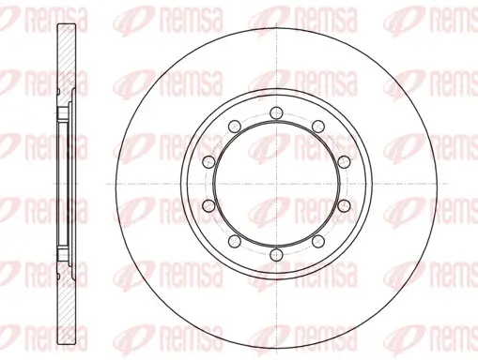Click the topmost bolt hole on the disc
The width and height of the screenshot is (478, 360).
(x=276, y=112)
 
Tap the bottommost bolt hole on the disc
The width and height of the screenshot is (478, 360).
(x=276, y=254)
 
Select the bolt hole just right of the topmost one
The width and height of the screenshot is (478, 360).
(x=318, y=127)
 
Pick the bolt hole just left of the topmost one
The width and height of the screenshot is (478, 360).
(x=235, y=127)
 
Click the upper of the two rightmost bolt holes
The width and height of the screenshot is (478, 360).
(x=344, y=161)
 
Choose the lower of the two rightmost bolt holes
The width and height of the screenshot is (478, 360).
(x=344, y=205)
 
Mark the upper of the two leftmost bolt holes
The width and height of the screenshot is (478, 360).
(x=208, y=161)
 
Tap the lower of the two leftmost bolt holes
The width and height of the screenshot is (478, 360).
(x=208, y=205)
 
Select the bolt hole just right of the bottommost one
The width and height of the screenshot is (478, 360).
(x=318, y=241)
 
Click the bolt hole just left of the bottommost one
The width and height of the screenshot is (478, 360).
(x=235, y=241)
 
